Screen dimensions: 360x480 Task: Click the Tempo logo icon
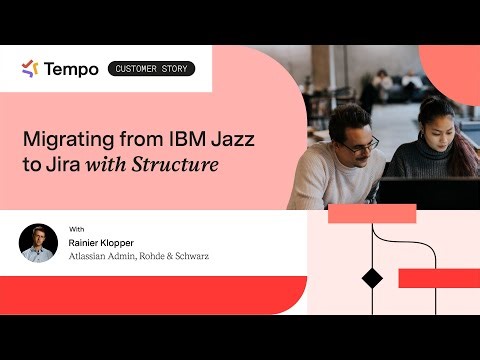(x=30, y=69)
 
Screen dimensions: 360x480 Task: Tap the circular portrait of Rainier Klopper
(x=38, y=242)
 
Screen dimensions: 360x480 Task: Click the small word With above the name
(x=76, y=229)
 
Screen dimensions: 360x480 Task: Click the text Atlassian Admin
(x=102, y=256)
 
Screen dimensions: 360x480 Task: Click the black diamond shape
(x=372, y=278)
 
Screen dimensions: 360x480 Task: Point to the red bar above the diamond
(x=372, y=213)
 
